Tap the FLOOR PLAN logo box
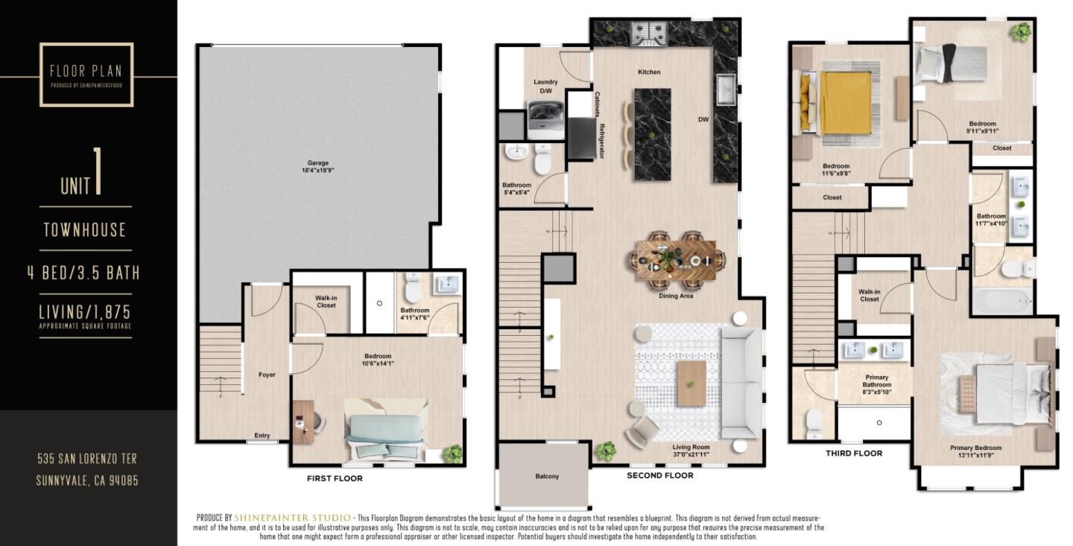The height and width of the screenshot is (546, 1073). tap(86, 74)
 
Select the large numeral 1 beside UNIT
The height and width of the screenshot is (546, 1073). tap(98, 173)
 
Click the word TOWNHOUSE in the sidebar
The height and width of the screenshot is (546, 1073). tap(85, 229)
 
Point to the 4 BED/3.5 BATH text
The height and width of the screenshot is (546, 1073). tap(83, 273)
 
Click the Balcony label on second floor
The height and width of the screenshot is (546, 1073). tap(547, 477)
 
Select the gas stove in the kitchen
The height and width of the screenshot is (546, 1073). tap(647, 34)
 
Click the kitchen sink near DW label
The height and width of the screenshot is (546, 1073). tap(725, 90)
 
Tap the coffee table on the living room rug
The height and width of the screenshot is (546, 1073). tap(691, 383)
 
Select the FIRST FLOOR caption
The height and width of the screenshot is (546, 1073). tap(335, 478)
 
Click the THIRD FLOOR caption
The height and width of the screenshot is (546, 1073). tap(854, 453)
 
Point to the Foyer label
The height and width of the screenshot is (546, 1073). tap(266, 375)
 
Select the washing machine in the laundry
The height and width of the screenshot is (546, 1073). tap(545, 118)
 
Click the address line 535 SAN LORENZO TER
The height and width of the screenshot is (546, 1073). tap(87, 458)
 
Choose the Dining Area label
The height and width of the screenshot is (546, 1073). tap(676, 296)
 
